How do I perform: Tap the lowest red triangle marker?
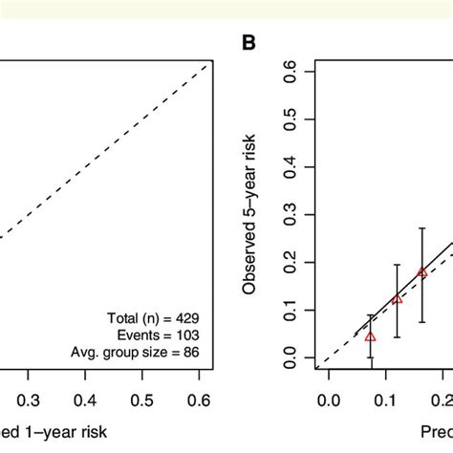[x=371, y=336]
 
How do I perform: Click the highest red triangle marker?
[x=422, y=272]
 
